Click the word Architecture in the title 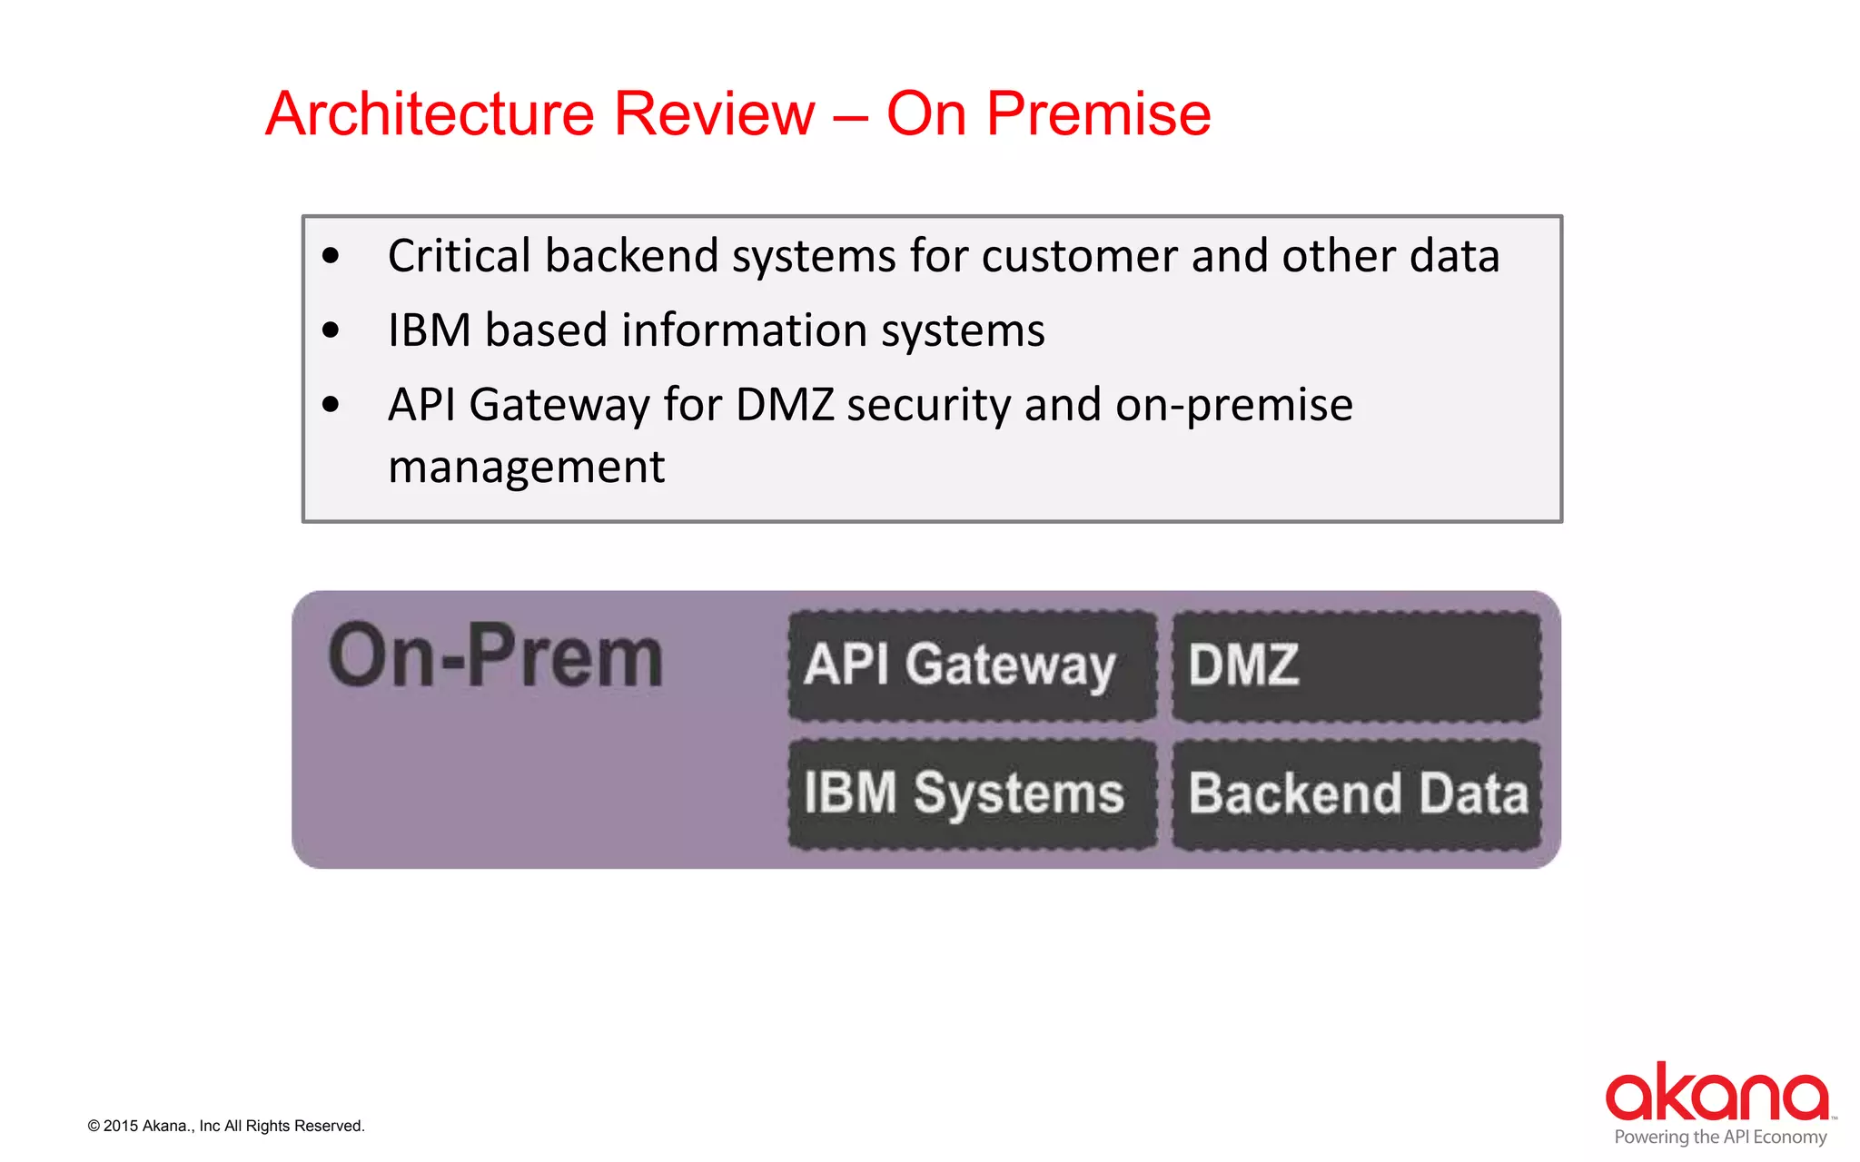[430, 114]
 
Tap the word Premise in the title [1098, 114]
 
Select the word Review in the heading [715, 114]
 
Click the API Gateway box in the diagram [972, 665]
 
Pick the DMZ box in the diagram [1356, 665]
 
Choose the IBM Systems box [972, 794]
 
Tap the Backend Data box [1356, 794]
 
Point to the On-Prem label [496, 656]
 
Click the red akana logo [1717, 1092]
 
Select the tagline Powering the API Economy [1720, 1137]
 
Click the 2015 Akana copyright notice [226, 1127]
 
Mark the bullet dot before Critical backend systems [331, 257]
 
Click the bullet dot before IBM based [331, 330]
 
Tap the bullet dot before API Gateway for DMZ [331, 405]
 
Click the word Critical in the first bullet [459, 256]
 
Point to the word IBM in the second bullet [429, 330]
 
